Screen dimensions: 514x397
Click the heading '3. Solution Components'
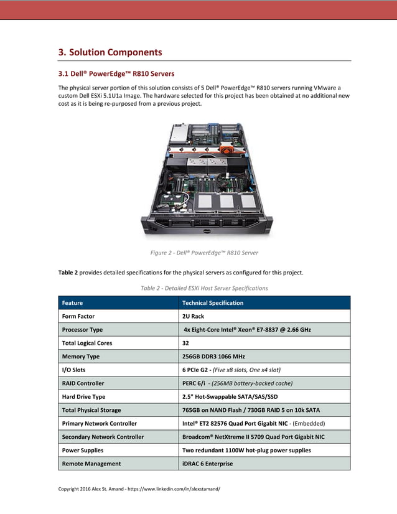pyautogui.click(x=110, y=52)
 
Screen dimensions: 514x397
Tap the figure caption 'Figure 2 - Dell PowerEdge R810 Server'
pyautogui.click(x=204, y=253)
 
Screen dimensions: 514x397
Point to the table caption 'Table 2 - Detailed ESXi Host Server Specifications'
pyautogui.click(x=204, y=288)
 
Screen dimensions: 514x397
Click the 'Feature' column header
pyautogui.click(x=72, y=303)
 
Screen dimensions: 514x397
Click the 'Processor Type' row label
pyautogui.click(x=82, y=330)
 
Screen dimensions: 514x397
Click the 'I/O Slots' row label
pyautogui.click(x=74, y=370)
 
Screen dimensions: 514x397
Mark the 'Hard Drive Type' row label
pyautogui.click(x=83, y=396)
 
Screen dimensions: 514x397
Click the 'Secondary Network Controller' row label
pyautogui.click(x=103, y=437)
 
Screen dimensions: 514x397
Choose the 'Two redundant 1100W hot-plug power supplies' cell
pyautogui.click(x=246, y=450)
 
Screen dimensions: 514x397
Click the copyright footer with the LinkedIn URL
pyautogui.click(x=139, y=488)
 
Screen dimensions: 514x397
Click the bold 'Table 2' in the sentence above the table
pyautogui.click(x=68, y=273)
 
